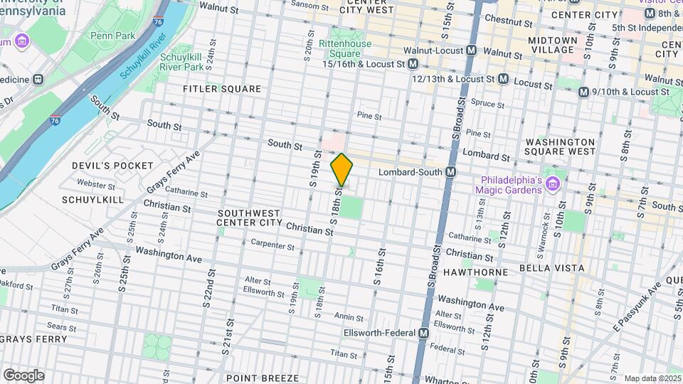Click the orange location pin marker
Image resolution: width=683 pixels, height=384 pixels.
coord(341,170)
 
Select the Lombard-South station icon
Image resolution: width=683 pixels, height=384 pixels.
coord(450,172)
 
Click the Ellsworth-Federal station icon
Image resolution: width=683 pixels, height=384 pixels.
coord(424,333)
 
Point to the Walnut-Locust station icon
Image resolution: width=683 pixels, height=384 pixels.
coord(471,51)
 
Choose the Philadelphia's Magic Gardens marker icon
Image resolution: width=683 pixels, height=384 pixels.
coord(553,182)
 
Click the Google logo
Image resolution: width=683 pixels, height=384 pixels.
coord(23,375)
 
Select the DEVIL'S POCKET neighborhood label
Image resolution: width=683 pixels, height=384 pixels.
coord(112,166)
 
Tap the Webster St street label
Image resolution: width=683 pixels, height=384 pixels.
coord(97,184)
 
